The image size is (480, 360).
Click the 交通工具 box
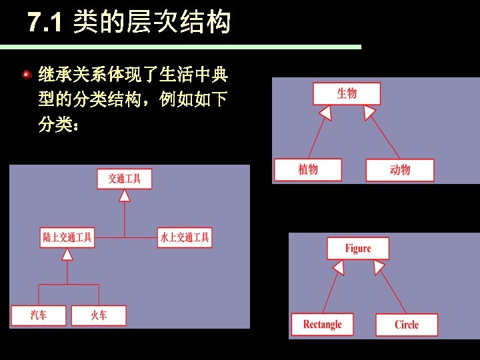[125, 179]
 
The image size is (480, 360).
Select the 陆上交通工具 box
[67, 237]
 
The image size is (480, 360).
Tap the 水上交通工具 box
[185, 237]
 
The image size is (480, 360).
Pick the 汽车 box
[39, 315]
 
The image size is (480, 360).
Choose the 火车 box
[99, 315]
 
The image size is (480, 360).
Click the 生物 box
[347, 93]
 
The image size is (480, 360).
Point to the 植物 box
[308, 169]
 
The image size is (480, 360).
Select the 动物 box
[400, 170]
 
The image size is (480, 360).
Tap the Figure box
[358, 249]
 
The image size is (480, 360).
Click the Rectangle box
[322, 325]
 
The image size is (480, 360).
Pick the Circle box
[407, 325]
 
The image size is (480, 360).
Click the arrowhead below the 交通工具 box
[125, 195]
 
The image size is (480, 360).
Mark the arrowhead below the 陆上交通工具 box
[67, 254]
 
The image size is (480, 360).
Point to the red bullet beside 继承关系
[26, 75]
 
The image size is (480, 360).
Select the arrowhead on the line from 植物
[325, 113]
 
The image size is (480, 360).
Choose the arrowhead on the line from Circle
[379, 268]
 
